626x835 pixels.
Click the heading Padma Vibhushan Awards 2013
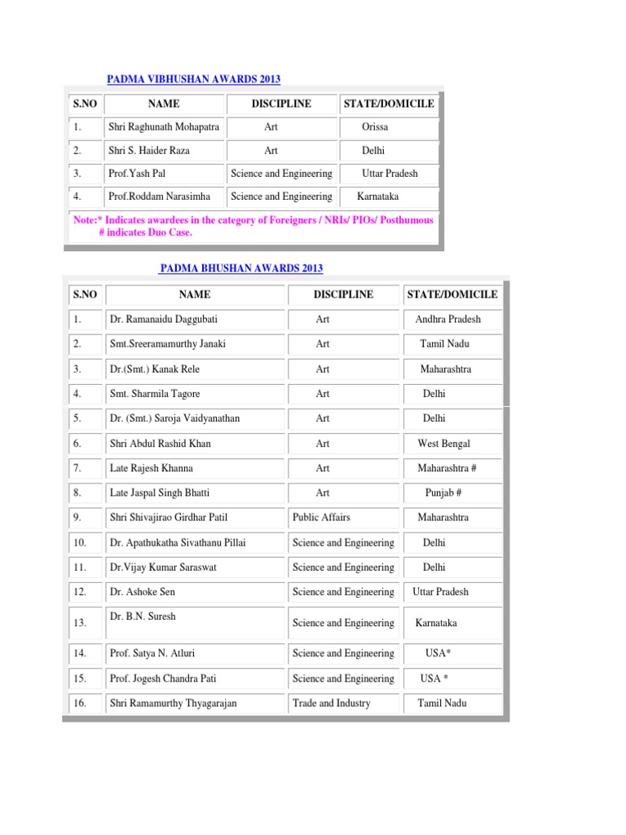[x=194, y=79]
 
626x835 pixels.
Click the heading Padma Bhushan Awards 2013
[x=241, y=268]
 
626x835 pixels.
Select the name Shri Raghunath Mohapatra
[x=164, y=127]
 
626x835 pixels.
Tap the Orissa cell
[x=375, y=127]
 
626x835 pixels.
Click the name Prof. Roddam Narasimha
[x=159, y=197]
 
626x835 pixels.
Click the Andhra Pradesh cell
[x=447, y=319]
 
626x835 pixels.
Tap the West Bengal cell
[x=443, y=444]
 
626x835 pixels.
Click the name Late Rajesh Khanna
[x=151, y=469]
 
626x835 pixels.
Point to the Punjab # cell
[x=444, y=493]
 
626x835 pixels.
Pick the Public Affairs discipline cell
[x=322, y=517]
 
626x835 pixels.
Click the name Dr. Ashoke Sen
[x=143, y=592]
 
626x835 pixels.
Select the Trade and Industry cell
[x=331, y=703]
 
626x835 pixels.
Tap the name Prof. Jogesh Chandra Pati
[x=163, y=678]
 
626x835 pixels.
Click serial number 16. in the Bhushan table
[x=80, y=703]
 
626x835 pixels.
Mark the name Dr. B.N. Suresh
[x=142, y=616]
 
